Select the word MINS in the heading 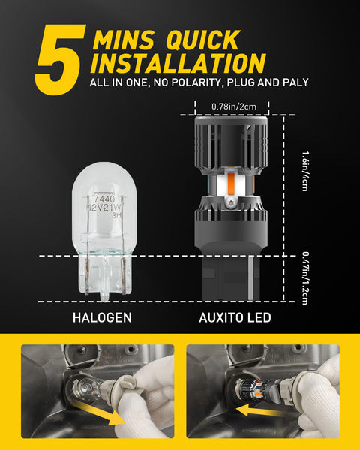(124, 40)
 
